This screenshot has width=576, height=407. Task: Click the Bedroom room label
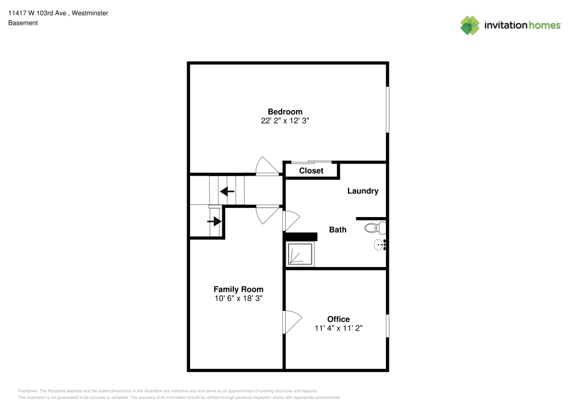click(x=285, y=112)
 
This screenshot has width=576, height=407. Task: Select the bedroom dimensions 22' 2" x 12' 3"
click(x=285, y=121)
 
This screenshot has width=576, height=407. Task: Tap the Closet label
click(x=311, y=171)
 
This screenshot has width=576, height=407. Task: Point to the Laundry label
click(x=362, y=191)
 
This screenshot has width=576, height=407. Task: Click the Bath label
click(x=338, y=230)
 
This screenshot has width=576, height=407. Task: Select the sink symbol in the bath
click(x=380, y=245)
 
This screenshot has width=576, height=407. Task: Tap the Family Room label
click(x=238, y=290)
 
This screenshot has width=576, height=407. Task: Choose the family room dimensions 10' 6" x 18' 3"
click(x=238, y=298)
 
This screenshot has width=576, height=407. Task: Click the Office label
click(x=338, y=319)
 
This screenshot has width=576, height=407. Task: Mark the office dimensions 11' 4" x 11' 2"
click(x=338, y=328)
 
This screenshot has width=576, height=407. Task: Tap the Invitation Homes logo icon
click(x=469, y=25)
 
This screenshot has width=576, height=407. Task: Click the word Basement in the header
click(x=22, y=23)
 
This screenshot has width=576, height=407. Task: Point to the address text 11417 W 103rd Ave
click(x=38, y=13)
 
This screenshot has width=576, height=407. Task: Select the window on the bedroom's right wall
click(x=387, y=109)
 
